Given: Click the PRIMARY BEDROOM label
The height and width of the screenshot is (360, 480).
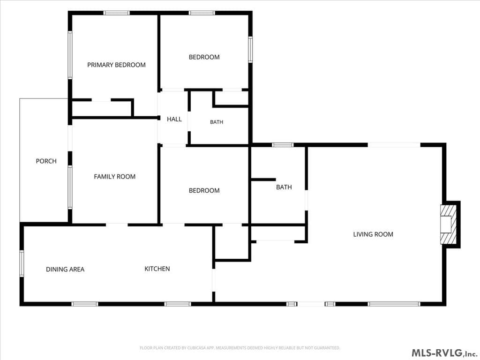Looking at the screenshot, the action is point(116,65).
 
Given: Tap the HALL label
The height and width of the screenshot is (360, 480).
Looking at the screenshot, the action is point(174,119).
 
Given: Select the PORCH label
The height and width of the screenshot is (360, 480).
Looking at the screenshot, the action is point(46,161).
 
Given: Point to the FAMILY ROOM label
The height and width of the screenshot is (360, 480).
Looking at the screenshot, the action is point(114,177).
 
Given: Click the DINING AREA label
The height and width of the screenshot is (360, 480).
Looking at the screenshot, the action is point(65,270).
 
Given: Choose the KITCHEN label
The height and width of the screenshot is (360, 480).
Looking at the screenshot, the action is point(157,269).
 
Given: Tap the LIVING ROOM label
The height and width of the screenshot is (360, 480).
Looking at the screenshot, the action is point(373,234).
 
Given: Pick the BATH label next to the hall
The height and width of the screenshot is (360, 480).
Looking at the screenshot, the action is point(217,122).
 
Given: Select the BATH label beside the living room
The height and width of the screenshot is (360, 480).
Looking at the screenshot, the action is point(284,187).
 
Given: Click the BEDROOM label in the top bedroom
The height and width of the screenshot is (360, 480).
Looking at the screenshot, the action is point(204,57).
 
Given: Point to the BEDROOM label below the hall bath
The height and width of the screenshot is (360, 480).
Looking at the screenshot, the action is point(204,191).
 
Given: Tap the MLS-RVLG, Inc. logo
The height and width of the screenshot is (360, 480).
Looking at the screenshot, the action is point(444,353).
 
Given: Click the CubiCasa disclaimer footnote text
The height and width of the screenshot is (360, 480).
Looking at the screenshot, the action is point(240,348).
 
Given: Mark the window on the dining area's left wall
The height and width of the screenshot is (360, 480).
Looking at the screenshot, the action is point(22,263).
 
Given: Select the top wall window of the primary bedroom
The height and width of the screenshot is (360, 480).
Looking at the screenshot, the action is point(116,13).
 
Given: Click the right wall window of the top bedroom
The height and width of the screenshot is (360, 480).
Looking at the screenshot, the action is point(250,50).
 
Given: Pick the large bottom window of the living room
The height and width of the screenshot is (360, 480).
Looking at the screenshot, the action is point(394,304).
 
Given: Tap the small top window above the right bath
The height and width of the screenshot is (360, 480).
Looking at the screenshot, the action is point(283,145).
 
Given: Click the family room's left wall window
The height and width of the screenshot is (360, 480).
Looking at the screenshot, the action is point(70,187).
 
